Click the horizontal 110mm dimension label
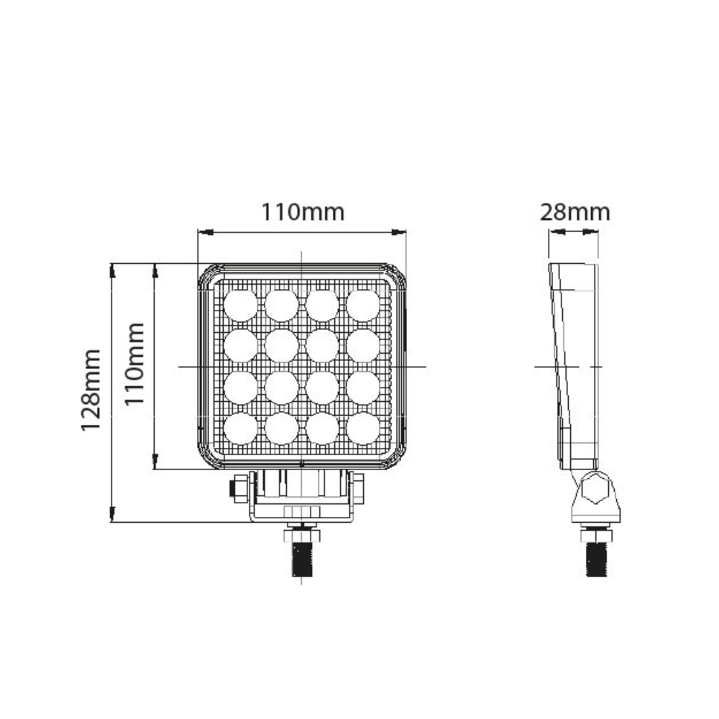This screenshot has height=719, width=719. (x=302, y=212)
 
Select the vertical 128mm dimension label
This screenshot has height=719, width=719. (x=91, y=390)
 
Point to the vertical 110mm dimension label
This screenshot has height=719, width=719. (x=134, y=365)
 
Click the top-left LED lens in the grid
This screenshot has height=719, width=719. (x=240, y=305)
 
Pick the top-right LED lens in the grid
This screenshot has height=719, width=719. (x=363, y=305)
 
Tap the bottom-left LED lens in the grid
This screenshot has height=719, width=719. (x=240, y=428)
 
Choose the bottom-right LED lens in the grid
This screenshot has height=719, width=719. (x=363, y=428)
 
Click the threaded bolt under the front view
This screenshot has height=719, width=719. (x=302, y=558)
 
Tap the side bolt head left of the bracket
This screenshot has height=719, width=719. (x=235, y=489)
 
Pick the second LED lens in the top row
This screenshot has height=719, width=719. (x=281, y=305)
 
